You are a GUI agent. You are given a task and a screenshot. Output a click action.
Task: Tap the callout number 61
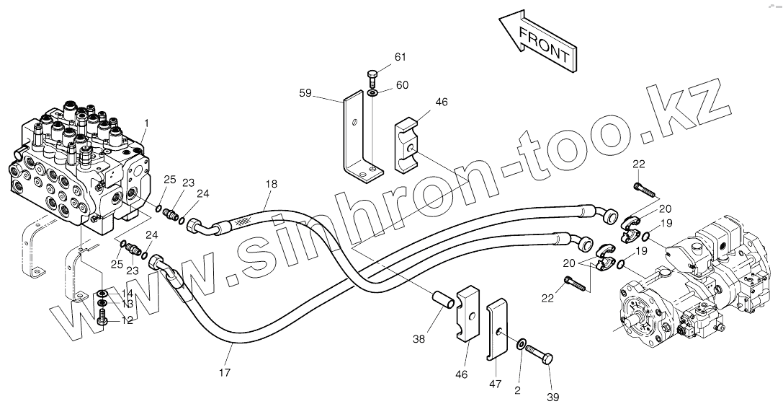click(x=400, y=58)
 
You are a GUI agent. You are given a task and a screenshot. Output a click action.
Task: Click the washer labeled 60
click(x=372, y=92)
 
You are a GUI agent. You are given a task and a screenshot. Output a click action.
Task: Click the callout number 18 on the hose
click(x=270, y=185)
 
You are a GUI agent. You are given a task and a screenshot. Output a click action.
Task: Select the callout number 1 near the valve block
click(x=146, y=123)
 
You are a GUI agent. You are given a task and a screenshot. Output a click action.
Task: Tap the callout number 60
click(x=401, y=84)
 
